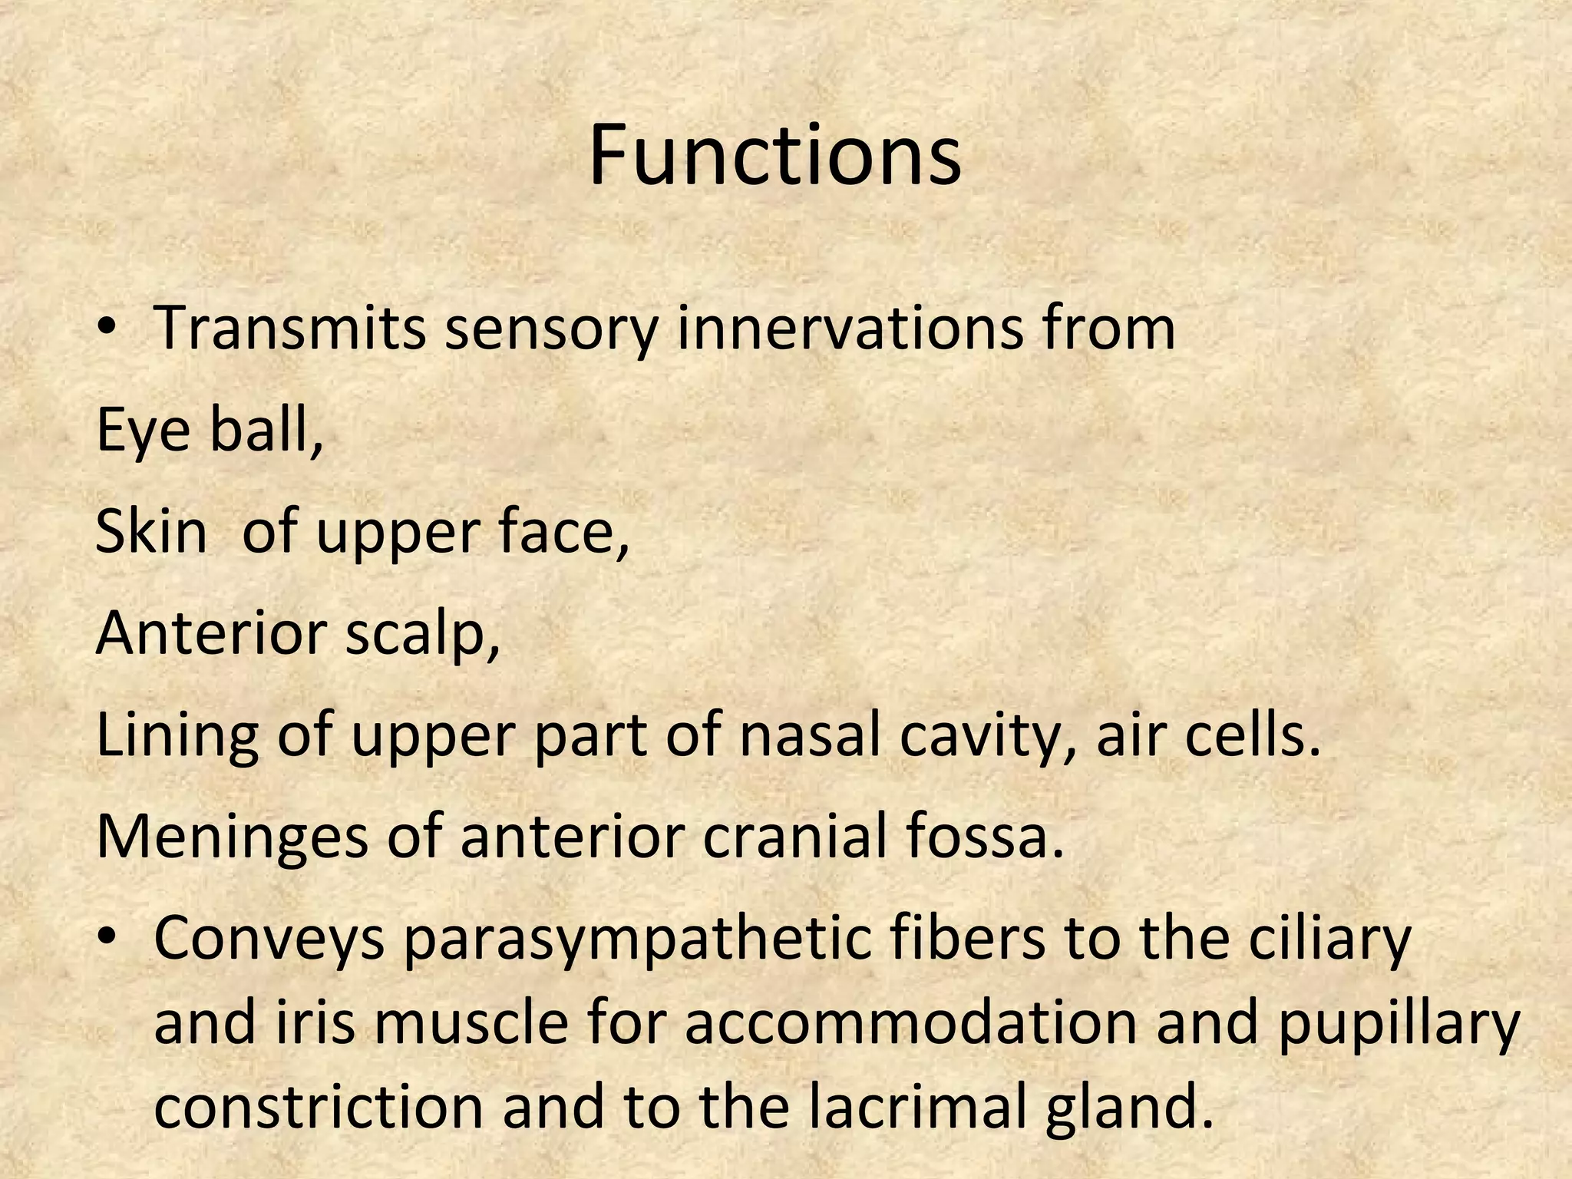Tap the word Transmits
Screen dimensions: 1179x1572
click(x=290, y=328)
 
